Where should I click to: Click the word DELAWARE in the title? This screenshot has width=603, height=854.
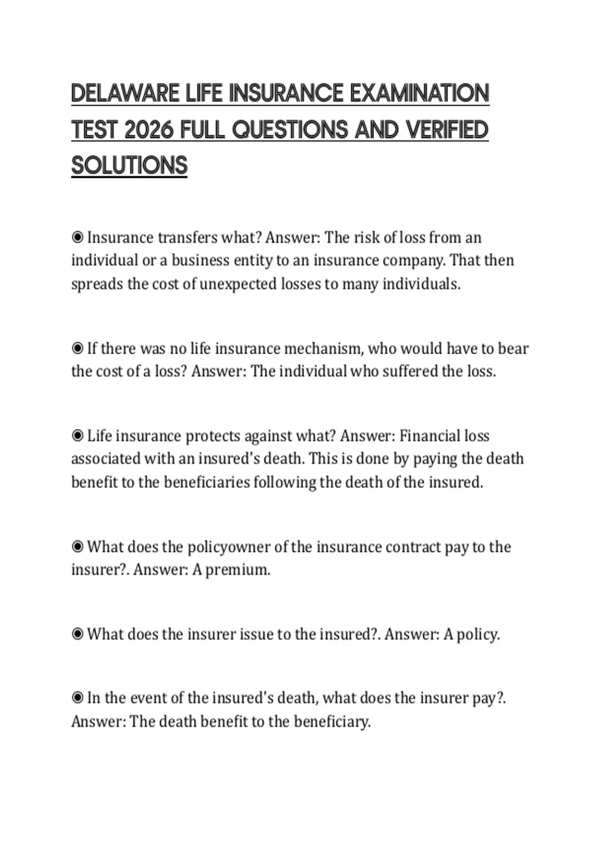(126, 93)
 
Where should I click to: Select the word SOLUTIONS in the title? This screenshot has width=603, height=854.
(129, 166)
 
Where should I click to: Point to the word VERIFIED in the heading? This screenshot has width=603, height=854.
(447, 130)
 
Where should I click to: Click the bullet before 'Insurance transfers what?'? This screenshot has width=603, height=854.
(77, 237)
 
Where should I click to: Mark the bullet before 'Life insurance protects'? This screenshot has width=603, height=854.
(77, 436)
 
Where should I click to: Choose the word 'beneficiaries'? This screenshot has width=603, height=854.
(207, 482)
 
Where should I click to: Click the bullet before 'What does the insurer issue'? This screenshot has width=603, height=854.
(77, 634)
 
